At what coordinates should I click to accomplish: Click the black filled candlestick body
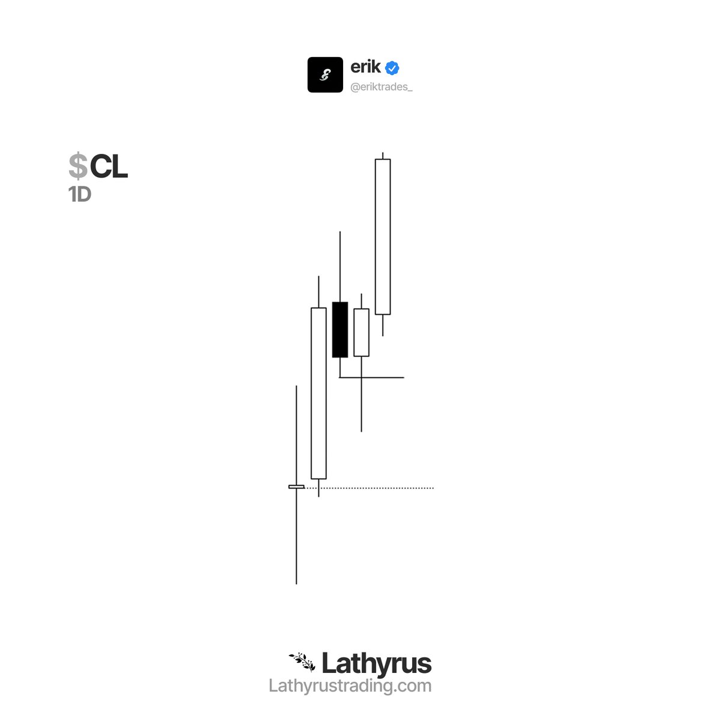click(x=339, y=329)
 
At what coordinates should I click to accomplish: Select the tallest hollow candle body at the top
click(x=382, y=237)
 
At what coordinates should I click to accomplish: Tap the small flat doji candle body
click(x=296, y=487)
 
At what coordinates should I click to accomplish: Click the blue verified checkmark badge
click(x=392, y=68)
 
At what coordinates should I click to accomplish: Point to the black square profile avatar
click(x=325, y=75)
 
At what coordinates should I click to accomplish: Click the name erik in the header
click(x=365, y=67)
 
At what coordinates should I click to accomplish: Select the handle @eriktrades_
click(x=382, y=87)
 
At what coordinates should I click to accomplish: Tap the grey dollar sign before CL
click(x=78, y=165)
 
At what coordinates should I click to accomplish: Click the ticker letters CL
click(x=109, y=166)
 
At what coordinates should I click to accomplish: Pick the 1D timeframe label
click(x=80, y=194)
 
